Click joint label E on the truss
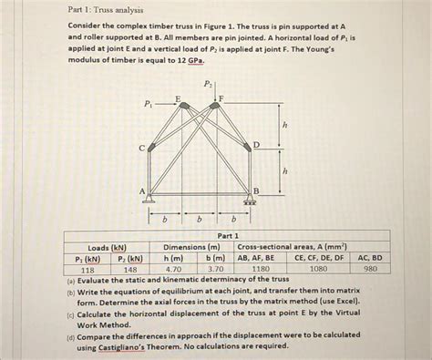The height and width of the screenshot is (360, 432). click(x=177, y=98)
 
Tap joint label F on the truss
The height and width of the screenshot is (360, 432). click(x=221, y=98)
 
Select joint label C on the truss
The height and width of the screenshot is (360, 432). click(x=141, y=147)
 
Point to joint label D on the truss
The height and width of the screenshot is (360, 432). click(x=256, y=145)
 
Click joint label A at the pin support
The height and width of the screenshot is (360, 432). click(x=141, y=190)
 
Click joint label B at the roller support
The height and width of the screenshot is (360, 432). click(x=256, y=190)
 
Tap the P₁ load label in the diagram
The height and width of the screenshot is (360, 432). click(x=149, y=106)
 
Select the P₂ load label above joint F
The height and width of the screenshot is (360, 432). click(x=209, y=85)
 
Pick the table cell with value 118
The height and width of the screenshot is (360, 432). click(x=87, y=270)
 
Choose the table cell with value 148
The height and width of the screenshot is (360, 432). click(x=131, y=270)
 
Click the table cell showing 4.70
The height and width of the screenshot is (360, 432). click(x=174, y=270)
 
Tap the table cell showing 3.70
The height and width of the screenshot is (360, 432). click(x=216, y=270)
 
